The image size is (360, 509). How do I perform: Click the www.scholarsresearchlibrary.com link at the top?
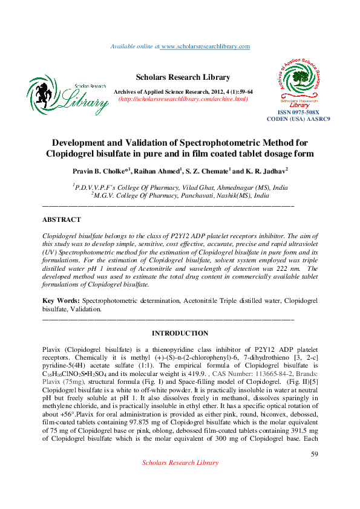205,47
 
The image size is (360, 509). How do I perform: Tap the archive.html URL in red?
183,99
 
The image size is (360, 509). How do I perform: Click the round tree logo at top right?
303,78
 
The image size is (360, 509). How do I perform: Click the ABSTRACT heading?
61,219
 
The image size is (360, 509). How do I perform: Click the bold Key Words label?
61,300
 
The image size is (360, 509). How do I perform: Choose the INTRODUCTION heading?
180,333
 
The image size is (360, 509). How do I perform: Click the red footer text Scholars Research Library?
180,479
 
